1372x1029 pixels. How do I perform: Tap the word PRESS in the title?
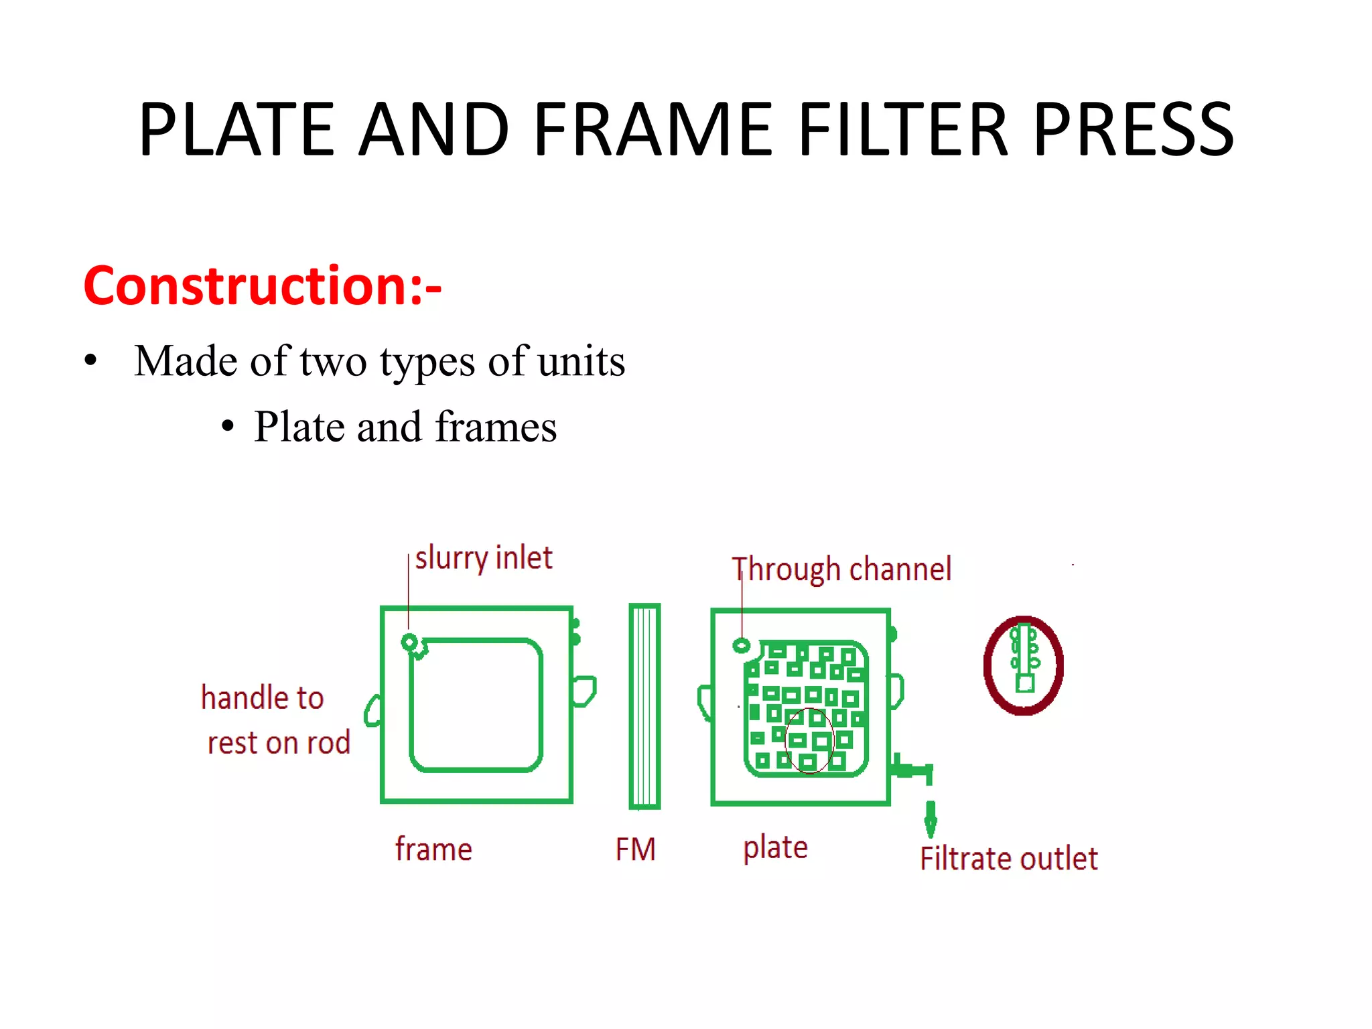point(1134,129)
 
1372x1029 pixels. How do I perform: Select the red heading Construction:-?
point(262,286)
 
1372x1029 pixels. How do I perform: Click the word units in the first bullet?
point(581,361)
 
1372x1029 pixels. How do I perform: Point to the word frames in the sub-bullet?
point(496,427)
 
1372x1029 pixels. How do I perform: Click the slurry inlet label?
point(483,558)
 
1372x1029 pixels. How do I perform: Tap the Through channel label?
point(841,569)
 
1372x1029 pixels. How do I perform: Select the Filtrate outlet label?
point(1008,859)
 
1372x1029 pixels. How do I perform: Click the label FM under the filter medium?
point(635,849)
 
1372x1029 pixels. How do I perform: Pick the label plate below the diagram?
point(775,848)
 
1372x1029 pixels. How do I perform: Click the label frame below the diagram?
point(433,849)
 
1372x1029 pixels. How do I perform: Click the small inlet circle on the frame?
point(409,642)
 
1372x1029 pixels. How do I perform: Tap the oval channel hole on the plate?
point(741,646)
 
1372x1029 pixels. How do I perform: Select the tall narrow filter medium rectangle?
point(644,706)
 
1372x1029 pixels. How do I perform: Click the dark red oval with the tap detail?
point(1023,665)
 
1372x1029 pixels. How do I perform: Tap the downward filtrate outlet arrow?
point(930,821)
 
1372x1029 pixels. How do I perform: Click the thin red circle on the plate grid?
point(809,740)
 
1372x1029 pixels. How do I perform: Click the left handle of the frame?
point(373,711)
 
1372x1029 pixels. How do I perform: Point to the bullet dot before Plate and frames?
point(228,427)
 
